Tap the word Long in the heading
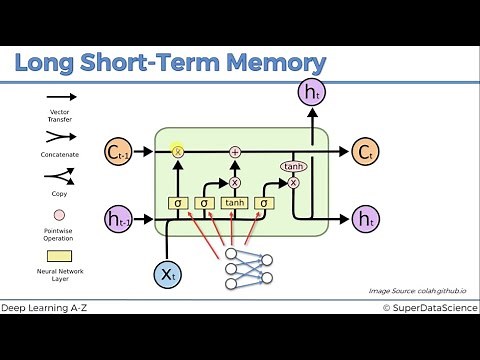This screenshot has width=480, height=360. (46, 63)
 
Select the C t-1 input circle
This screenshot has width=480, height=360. (118, 152)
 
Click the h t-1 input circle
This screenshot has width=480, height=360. (118, 217)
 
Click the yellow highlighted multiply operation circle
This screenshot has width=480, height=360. (179, 152)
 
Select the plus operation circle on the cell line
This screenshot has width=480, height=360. (236, 152)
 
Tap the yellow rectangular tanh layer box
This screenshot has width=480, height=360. (235, 203)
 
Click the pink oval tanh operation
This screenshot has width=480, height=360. (293, 167)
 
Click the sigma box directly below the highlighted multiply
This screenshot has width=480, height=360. (178, 203)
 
